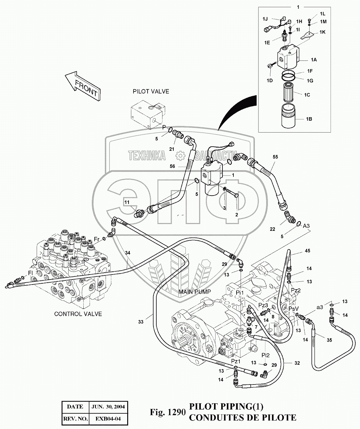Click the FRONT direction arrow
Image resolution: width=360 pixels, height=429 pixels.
pos(82,86)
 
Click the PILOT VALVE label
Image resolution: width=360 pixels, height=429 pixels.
pos(151,92)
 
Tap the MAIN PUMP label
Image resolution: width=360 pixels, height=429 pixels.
pos(195,292)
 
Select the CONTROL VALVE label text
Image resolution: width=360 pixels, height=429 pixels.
pos(78,314)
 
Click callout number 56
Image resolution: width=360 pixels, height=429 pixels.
pos(172,166)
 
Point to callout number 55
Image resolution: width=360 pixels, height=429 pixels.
pos(275,156)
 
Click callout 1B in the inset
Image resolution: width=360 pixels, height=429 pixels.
pos(309,119)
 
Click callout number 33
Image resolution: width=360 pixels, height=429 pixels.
pos(140,322)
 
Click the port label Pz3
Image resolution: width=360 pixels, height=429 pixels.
pos(263,305)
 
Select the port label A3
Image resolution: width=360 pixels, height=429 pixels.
pos(306,226)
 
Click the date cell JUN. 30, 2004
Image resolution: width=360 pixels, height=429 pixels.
pos(108,407)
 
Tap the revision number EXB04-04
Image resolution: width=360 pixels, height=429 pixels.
pos(108,418)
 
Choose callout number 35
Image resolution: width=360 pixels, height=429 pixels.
pos(329,340)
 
